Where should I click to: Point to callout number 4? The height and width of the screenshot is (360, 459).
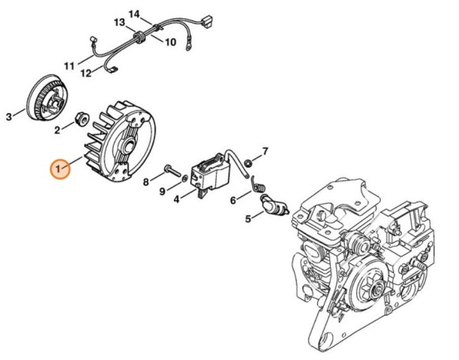click(176, 200)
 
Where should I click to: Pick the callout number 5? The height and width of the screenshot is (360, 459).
click(247, 219)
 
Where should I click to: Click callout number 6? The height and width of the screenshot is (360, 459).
click(233, 200)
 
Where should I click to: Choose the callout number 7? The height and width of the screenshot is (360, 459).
click(265, 150)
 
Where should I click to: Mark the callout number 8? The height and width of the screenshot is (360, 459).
click(146, 181)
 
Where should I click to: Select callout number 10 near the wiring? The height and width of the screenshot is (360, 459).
click(170, 42)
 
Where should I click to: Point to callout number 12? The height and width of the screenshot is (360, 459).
click(86, 74)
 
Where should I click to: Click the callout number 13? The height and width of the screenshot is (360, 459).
click(119, 21)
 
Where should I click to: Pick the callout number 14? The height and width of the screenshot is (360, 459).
click(134, 14)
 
